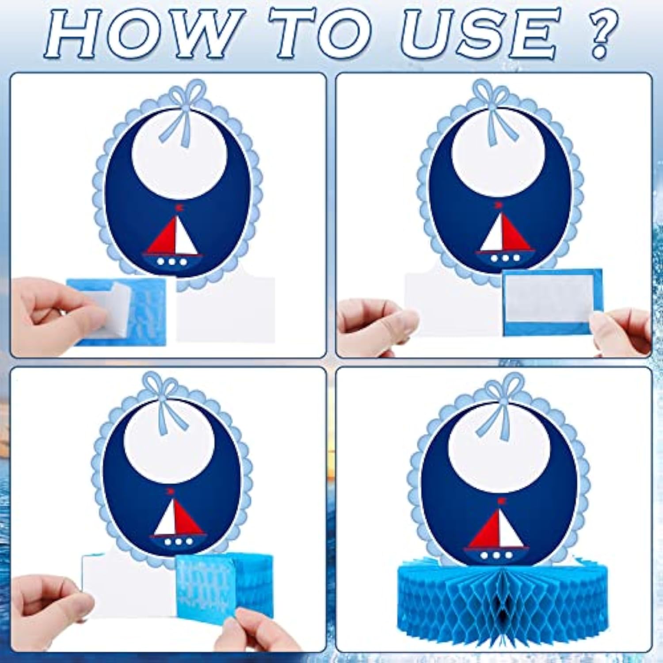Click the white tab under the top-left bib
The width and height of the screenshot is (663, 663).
(x=225, y=309)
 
